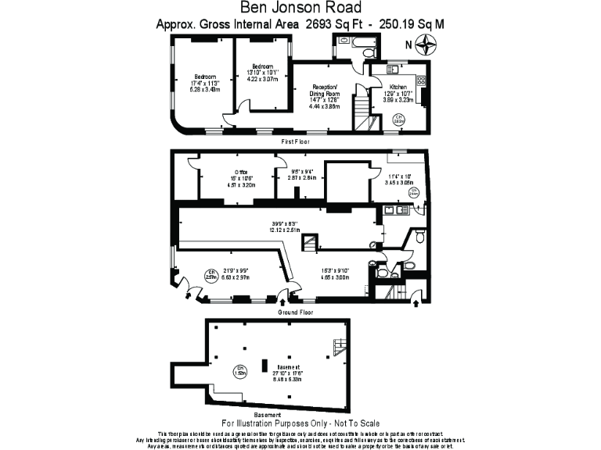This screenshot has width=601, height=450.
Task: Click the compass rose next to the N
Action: coord(426,45)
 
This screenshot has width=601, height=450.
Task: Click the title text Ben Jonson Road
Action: coord(300,9)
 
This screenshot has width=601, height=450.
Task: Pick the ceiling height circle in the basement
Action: coord(242,370)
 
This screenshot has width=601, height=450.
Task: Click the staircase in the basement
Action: coord(339,346)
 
